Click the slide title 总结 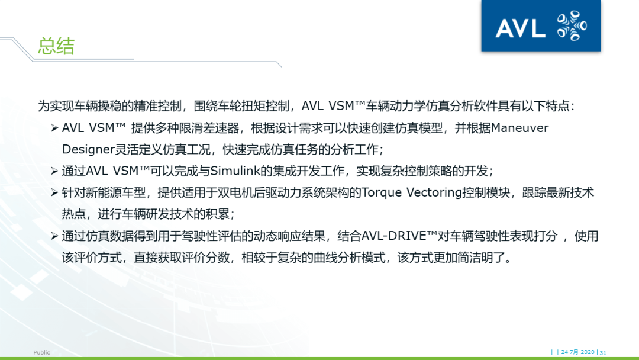tap(56, 47)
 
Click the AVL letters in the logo tap(519, 28)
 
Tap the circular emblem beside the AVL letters tap(572, 26)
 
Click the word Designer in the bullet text tap(86, 149)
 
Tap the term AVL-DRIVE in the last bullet tap(390, 236)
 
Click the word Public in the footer tap(42, 352)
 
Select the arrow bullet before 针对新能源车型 tap(54, 192)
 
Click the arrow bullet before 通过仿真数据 tap(54, 236)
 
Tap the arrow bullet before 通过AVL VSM tap(54, 171)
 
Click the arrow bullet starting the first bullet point tap(54, 128)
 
